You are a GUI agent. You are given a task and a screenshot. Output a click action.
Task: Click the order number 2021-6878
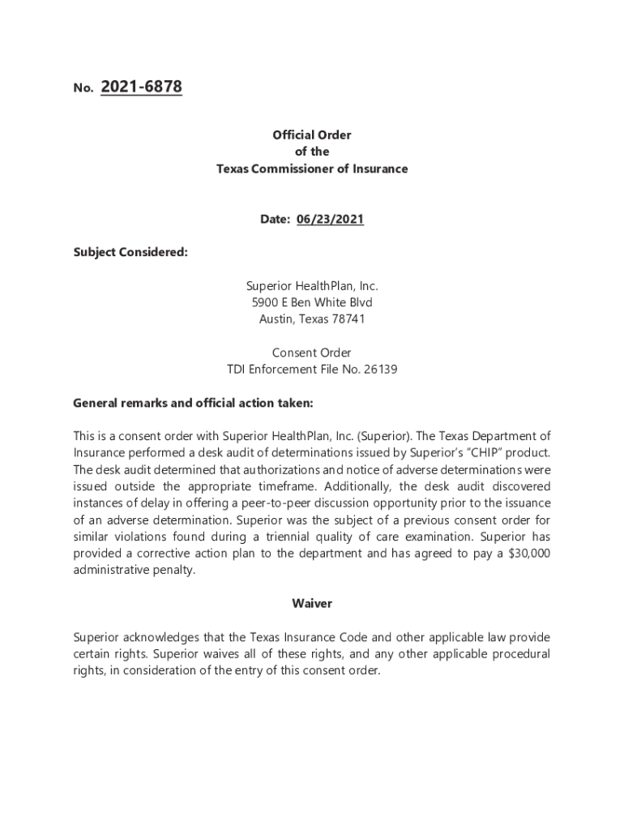(141, 88)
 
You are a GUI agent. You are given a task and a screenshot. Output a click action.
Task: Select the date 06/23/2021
(330, 220)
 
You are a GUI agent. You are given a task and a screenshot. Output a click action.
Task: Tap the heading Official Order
(312, 135)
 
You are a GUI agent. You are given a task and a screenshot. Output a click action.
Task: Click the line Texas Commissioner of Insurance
(312, 169)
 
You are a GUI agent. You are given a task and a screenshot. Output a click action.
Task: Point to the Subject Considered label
(130, 252)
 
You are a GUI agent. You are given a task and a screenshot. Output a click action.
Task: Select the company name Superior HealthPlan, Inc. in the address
(312, 286)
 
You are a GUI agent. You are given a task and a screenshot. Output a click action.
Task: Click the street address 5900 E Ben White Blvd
(312, 302)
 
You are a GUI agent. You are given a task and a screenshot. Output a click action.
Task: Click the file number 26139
(380, 370)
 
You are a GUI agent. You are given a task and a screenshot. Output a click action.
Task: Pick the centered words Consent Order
(312, 353)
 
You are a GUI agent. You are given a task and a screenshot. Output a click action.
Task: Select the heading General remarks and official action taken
(193, 403)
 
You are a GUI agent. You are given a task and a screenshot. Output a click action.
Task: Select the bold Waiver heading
(312, 604)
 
